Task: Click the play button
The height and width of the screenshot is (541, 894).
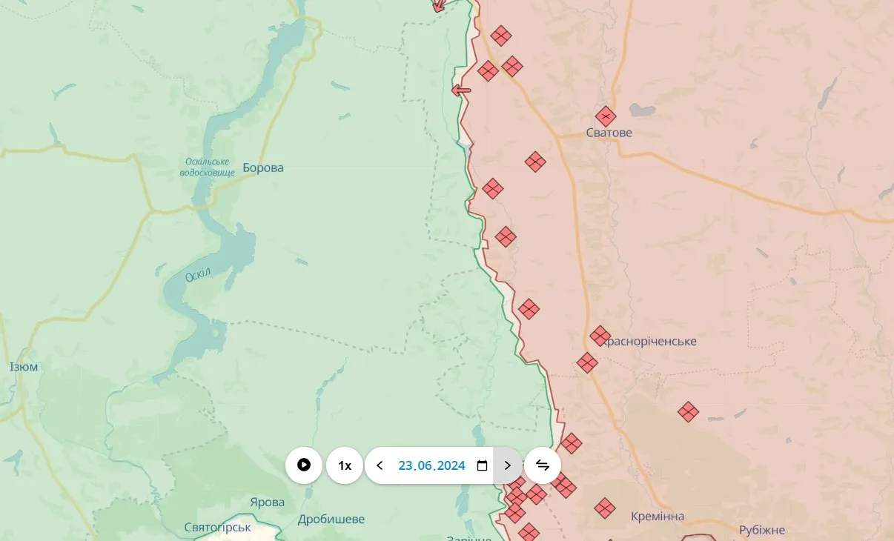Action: click(x=304, y=465)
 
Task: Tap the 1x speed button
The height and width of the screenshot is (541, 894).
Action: click(x=345, y=465)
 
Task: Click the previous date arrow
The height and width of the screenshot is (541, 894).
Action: click(x=380, y=465)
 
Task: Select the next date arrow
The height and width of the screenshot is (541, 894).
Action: click(x=508, y=465)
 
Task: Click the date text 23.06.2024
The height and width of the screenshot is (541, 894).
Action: click(x=431, y=465)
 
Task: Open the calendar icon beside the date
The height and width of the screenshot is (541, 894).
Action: click(x=482, y=465)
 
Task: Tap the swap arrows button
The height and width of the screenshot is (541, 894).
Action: click(x=543, y=465)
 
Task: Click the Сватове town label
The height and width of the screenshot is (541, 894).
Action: click(x=609, y=133)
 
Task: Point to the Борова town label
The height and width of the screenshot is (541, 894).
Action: click(x=263, y=168)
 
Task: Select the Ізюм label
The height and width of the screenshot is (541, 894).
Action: click(x=24, y=368)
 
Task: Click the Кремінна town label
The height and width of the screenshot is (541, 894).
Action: click(x=658, y=517)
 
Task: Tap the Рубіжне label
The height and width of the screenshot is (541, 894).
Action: click(x=762, y=531)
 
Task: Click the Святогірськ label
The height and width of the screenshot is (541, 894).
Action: click(x=217, y=528)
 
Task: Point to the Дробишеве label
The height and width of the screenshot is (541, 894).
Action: click(x=331, y=520)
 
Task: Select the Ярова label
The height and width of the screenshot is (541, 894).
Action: click(x=267, y=502)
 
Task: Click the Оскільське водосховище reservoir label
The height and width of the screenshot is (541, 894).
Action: click(x=207, y=167)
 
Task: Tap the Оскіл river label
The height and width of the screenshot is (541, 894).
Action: click(x=198, y=274)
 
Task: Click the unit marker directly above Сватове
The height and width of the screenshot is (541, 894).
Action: click(x=606, y=116)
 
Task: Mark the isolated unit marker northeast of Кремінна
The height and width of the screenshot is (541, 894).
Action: click(x=689, y=412)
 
